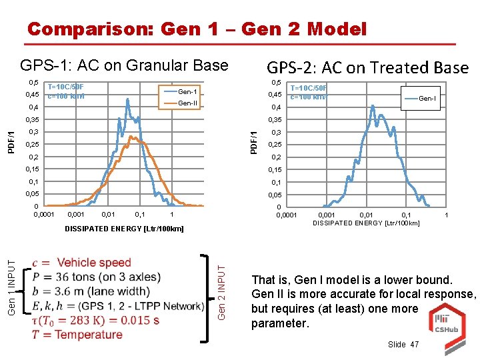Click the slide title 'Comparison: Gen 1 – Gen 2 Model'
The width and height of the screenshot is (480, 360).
tap(197, 29)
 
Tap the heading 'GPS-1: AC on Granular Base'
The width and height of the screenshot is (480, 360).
tap(124, 65)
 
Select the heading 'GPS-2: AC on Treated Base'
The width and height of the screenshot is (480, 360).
tap(367, 67)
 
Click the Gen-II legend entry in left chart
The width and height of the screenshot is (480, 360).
tap(187, 103)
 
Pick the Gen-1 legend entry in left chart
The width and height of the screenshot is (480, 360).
tap(187, 91)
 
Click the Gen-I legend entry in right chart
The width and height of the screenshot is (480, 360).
tap(427, 99)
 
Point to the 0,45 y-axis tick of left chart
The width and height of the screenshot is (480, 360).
tap(33, 95)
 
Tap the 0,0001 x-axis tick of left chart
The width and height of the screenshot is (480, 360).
tap(45, 215)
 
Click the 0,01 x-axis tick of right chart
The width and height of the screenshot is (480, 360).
tap(367, 215)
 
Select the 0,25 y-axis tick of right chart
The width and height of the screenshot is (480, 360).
tap(275, 145)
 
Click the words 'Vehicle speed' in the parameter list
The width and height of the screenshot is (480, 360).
tap(93, 263)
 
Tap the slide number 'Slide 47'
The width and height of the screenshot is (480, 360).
tap(403, 344)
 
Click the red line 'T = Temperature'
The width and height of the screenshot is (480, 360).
tap(77, 334)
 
